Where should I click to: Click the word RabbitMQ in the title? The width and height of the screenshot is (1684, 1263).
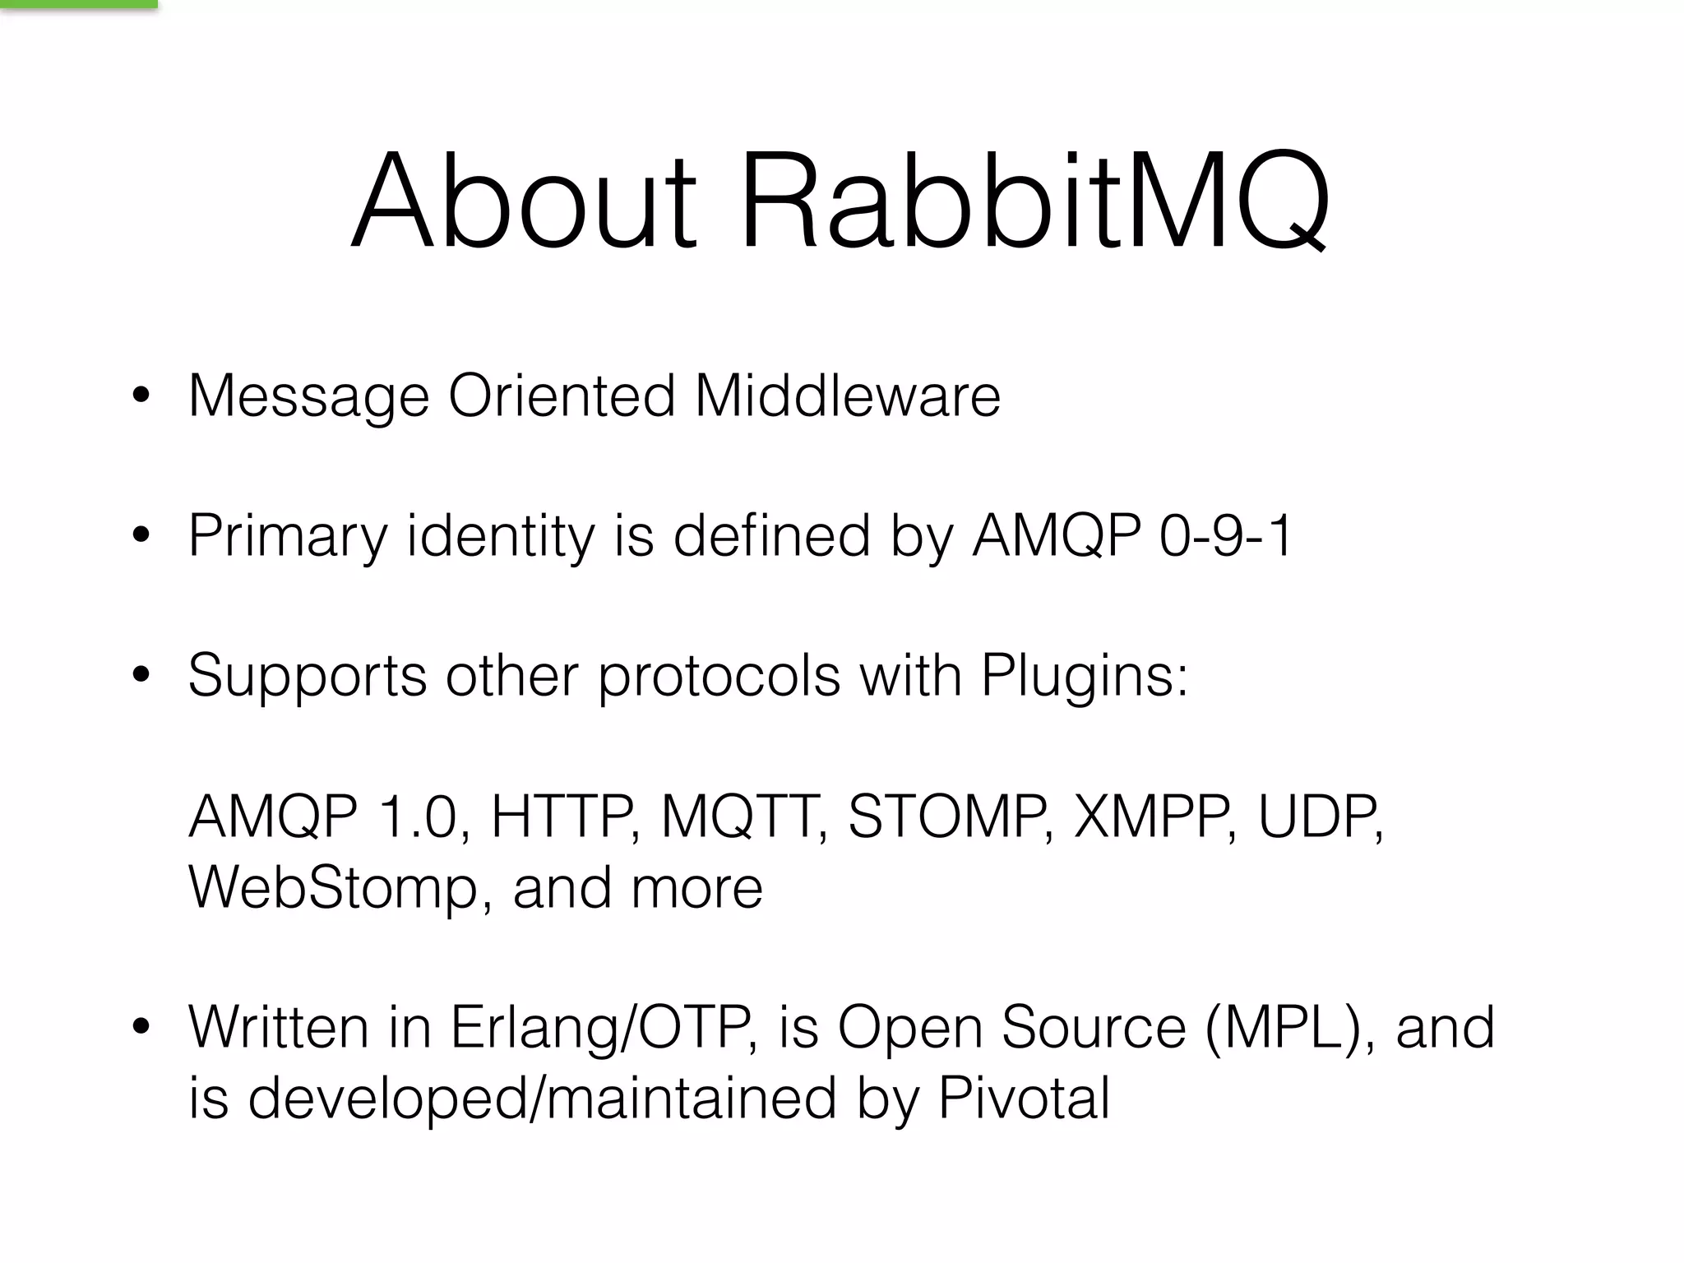(x=1034, y=201)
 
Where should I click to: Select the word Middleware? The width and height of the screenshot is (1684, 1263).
(x=848, y=396)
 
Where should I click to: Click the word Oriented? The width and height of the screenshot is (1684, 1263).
(x=562, y=396)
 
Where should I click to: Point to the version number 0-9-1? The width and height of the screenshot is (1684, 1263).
(x=1226, y=536)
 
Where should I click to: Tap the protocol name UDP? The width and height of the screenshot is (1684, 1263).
(x=1318, y=817)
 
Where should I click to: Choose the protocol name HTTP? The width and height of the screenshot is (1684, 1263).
(x=563, y=817)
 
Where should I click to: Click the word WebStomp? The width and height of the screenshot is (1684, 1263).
(x=333, y=889)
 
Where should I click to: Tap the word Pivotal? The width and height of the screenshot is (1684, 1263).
(x=1024, y=1099)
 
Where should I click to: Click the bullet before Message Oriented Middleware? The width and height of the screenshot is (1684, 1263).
(x=141, y=396)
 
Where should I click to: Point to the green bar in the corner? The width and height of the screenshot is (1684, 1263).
(x=78, y=4)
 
